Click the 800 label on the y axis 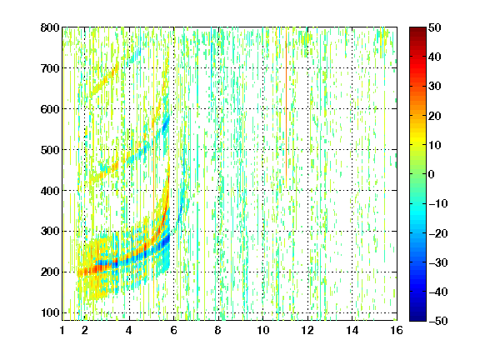[x=50, y=27]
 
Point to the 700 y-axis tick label [x=50, y=68]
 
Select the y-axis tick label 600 [x=50, y=109]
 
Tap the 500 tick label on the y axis [x=50, y=150]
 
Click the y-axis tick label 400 [x=50, y=191]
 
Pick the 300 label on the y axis [x=50, y=231]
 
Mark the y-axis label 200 [x=50, y=272]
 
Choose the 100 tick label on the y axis [x=50, y=312]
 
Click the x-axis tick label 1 [x=62, y=330]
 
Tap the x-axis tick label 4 [x=129, y=330]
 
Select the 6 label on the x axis [x=173, y=330]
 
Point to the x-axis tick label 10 [x=262, y=330]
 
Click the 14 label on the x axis [x=352, y=330]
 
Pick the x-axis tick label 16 [x=397, y=330]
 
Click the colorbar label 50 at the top [x=434, y=27]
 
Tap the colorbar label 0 [x=432, y=174]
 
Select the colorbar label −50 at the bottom [x=437, y=321]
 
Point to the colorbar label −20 [x=437, y=233]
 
